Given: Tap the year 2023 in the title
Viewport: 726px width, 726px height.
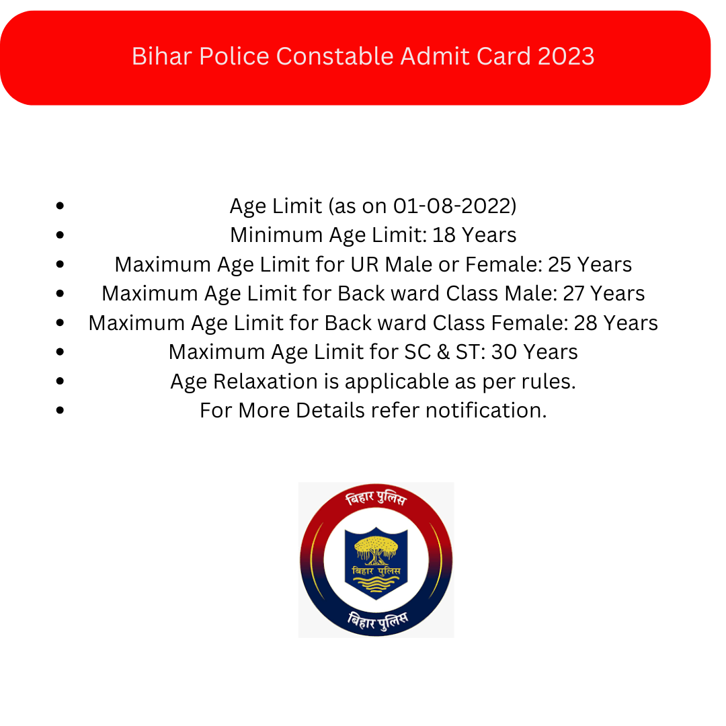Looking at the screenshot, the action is (566, 56).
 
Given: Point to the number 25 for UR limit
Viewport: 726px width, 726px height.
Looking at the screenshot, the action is (560, 264).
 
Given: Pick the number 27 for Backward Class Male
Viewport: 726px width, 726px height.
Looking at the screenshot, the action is (573, 294).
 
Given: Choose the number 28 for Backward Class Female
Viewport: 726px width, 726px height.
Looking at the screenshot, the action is (586, 323).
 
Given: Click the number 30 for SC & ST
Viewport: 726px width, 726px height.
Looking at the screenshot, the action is (503, 352).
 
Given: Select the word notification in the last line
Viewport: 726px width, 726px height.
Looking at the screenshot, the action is (486, 410).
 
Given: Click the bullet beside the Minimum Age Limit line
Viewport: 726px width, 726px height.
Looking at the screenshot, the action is (60, 235).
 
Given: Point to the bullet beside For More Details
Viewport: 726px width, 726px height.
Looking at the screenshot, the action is (60, 410).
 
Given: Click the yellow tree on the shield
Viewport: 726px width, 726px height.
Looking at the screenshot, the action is (376, 549).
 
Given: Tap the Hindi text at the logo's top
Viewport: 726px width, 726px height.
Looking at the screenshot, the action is (376, 498).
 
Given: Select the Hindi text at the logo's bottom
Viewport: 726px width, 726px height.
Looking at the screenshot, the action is (377, 621).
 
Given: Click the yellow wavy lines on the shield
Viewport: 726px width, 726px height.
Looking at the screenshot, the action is (376, 583).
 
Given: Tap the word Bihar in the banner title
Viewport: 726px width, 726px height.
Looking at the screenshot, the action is (161, 56).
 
